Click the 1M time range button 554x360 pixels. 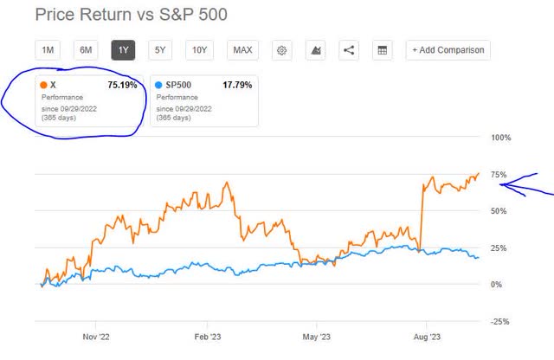point(48,50)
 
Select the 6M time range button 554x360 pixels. point(86,50)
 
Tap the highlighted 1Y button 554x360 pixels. point(123,50)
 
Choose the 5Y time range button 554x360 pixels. point(161,50)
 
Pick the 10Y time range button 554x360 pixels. point(199,50)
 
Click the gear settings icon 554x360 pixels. point(282,50)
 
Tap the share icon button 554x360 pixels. point(349,50)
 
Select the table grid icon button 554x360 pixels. point(382,50)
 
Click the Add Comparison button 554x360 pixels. point(448,50)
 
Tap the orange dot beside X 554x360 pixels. point(44,86)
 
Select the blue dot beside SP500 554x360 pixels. point(159,86)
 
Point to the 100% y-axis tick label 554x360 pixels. point(502,138)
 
